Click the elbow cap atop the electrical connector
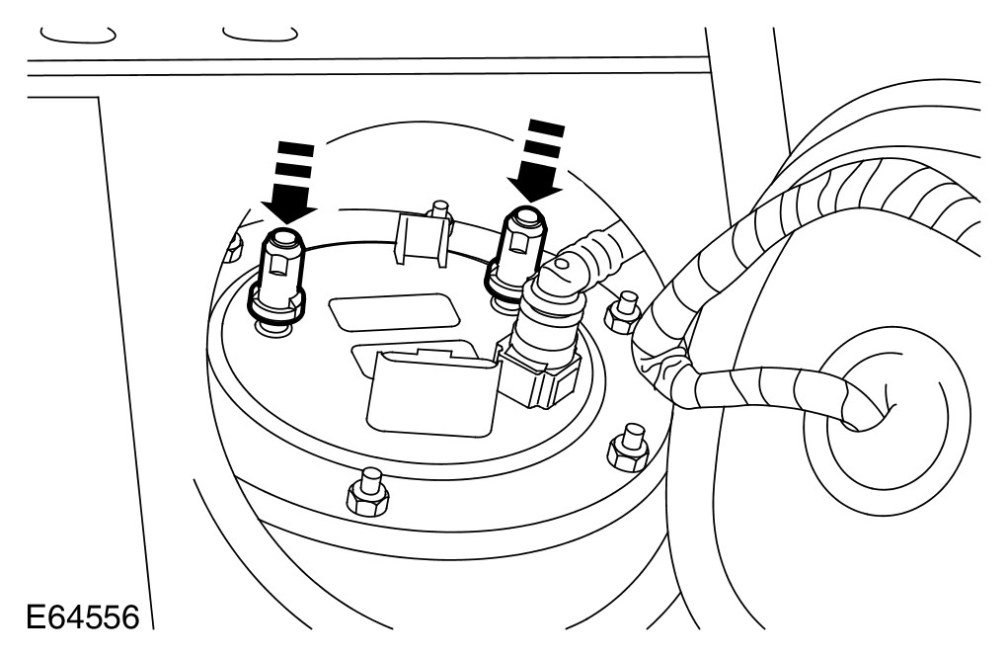pyautogui.click(x=567, y=266)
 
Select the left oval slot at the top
pyautogui.click(x=76, y=35)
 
